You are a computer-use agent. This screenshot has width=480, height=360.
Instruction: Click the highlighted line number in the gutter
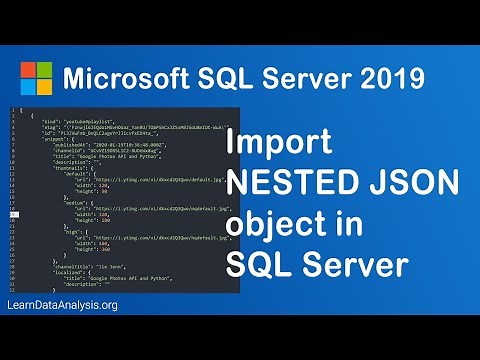15,213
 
